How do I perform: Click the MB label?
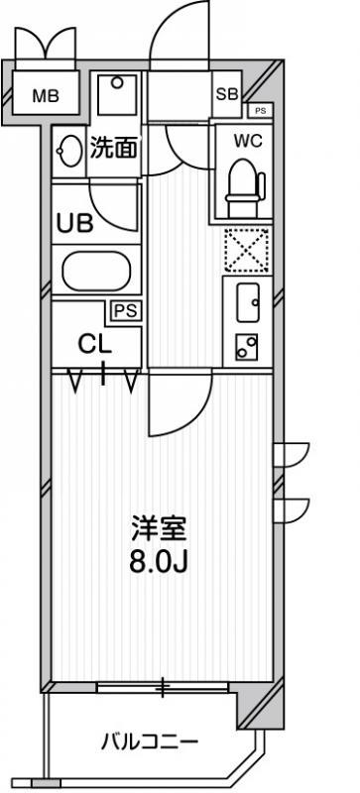(46, 95)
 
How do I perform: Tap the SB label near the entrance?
(227, 94)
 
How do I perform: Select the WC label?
(248, 142)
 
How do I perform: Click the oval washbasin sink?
(69, 151)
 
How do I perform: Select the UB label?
(74, 223)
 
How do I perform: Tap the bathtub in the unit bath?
(95, 271)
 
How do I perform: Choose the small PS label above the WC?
(260, 111)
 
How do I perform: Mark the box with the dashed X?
(247, 251)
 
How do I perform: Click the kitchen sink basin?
(248, 302)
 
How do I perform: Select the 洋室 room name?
(159, 528)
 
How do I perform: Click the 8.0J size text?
(159, 563)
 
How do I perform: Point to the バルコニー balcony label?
(149, 742)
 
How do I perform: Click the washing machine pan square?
(117, 94)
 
